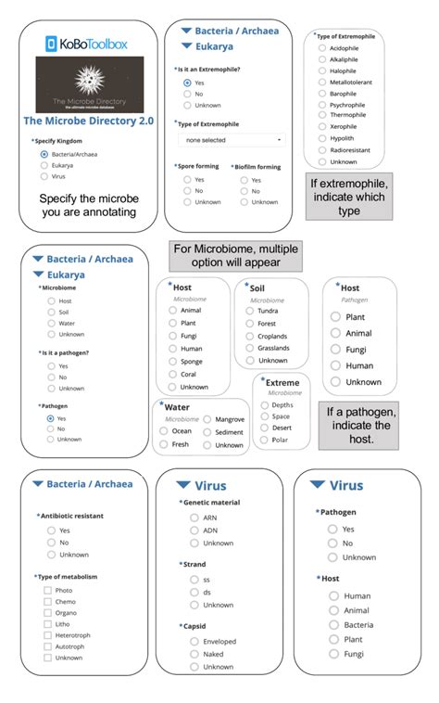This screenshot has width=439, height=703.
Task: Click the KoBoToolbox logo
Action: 88,43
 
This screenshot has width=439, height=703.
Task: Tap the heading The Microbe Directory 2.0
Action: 89,121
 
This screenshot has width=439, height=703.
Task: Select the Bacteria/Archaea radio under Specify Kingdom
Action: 44,154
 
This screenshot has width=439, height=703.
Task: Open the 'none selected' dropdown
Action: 232,140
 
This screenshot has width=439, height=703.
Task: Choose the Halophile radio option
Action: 322,70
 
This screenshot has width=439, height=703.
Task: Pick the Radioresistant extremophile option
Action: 322,149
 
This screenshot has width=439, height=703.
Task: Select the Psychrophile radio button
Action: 322,105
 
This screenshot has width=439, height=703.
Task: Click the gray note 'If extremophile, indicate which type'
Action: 349,198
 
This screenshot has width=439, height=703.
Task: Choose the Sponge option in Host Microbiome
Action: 173,362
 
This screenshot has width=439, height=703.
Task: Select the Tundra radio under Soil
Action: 251,311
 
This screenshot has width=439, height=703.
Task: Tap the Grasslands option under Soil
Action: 251,348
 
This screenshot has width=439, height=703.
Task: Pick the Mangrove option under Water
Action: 208,419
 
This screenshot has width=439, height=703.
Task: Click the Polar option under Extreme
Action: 265,440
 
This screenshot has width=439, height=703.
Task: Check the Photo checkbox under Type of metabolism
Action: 48,590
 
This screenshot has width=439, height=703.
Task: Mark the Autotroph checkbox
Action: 48,646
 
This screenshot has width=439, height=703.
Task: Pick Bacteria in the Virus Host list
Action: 333,624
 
